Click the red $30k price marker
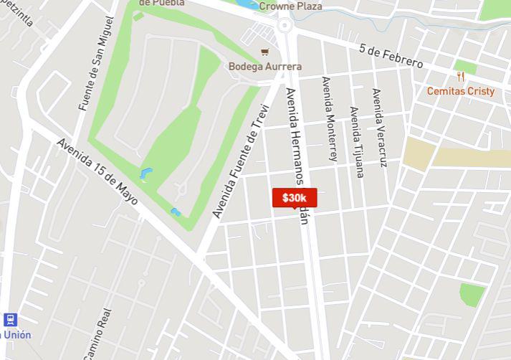[x=294, y=198]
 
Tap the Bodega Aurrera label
[x=265, y=67]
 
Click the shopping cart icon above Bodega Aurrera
[x=265, y=51]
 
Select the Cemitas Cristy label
[x=461, y=91]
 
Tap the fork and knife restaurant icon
[x=461, y=77]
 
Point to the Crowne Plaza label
[x=291, y=6]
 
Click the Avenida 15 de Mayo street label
[x=97, y=170]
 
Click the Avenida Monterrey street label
[x=330, y=118]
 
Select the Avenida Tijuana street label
[x=356, y=141]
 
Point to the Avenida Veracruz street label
[x=379, y=128]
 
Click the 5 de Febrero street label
[x=391, y=56]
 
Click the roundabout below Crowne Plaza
[x=285, y=26]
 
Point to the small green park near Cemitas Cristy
[x=465, y=67]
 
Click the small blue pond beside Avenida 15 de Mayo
[x=176, y=212]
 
